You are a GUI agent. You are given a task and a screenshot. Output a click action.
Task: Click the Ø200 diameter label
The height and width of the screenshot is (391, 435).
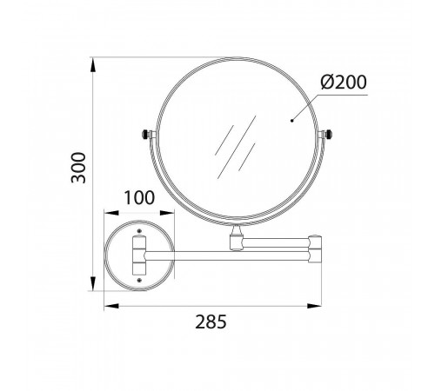click(344, 82)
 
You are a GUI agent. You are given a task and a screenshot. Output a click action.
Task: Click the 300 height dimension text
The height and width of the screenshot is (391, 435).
click(78, 168)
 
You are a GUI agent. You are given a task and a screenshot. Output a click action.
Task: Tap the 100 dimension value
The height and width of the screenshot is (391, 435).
click(139, 198)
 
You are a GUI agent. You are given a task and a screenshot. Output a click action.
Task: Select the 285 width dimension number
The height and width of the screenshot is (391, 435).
click(211, 321)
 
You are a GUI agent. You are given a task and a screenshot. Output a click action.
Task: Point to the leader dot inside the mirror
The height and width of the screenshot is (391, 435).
click(291, 121)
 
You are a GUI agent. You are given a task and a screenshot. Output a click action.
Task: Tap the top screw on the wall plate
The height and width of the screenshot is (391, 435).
click(140, 231)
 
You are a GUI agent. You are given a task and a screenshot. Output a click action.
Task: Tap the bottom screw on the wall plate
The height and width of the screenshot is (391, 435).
click(139, 280)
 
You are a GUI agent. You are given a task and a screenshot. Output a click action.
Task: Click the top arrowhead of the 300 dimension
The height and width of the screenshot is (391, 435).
click(93, 65)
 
